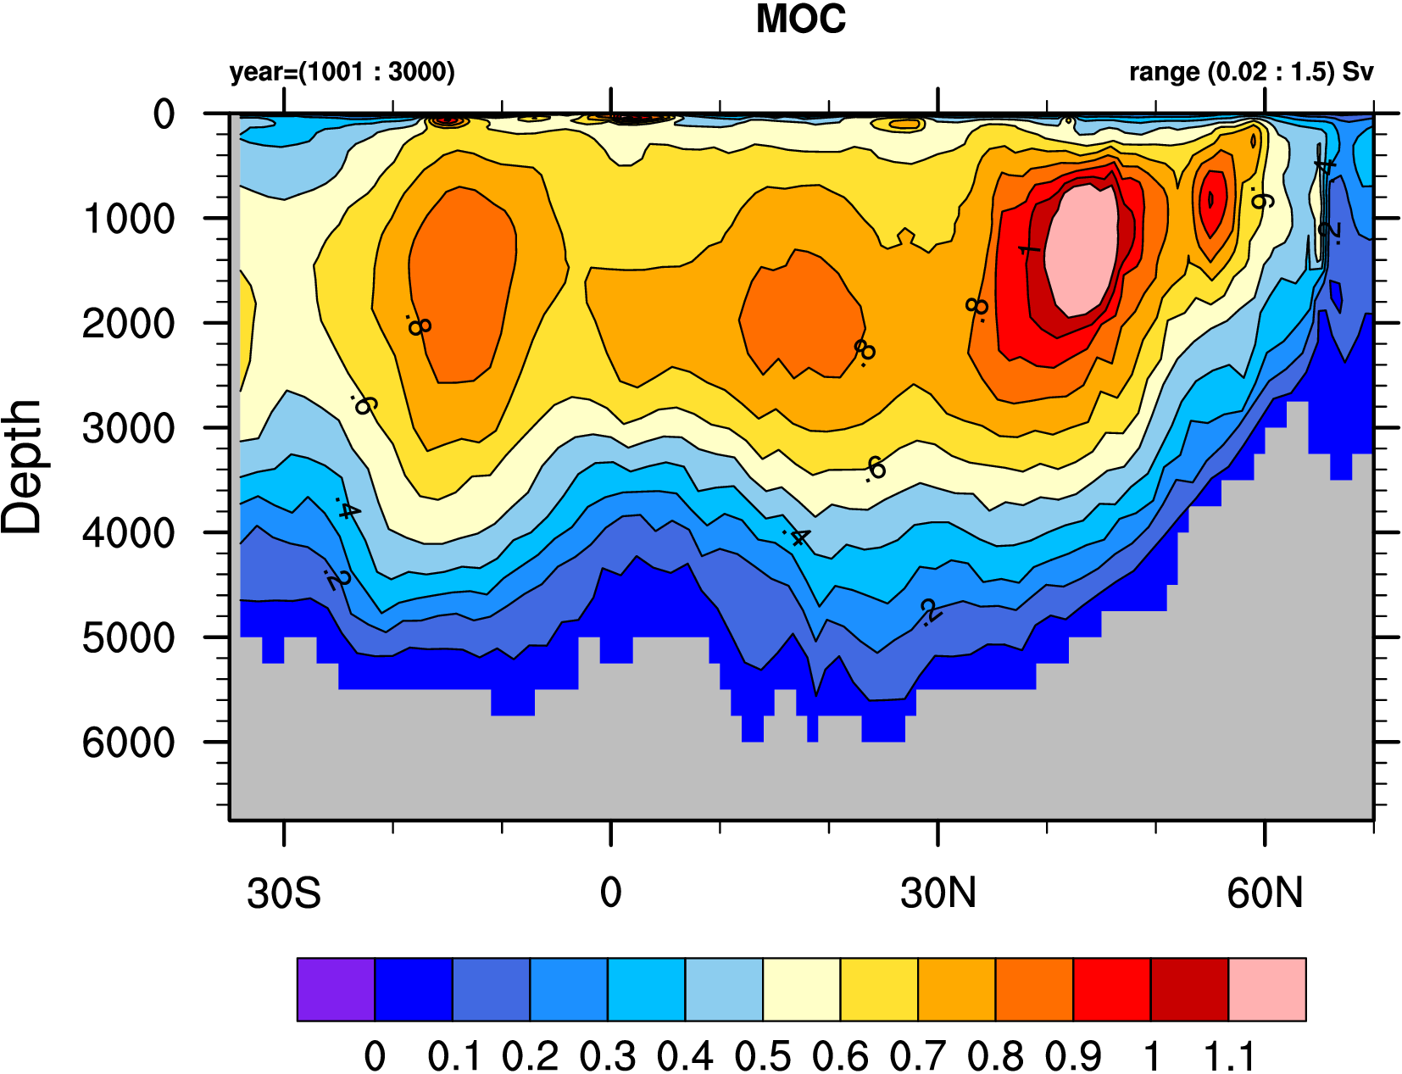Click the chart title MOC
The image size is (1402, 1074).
[x=800, y=19]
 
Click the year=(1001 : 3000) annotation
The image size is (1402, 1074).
[x=342, y=72]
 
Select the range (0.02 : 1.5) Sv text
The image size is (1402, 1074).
[x=1250, y=72]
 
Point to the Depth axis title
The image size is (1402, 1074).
[x=22, y=466]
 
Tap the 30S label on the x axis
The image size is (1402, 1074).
[x=284, y=893]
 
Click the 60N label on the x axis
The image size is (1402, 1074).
[x=1265, y=893]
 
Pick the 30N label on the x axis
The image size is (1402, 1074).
[x=938, y=893]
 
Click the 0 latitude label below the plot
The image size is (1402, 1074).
[x=610, y=893]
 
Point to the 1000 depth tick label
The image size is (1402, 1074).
[x=129, y=219]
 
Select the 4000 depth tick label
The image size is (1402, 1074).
[x=129, y=533]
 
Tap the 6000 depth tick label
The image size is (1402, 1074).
[x=129, y=743]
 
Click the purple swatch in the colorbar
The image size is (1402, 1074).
[x=336, y=989]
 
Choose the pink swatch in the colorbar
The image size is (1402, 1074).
[x=1266, y=989]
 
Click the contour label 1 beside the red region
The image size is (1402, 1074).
[x=1028, y=251]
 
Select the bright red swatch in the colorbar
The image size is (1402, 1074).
[x=1111, y=989]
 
